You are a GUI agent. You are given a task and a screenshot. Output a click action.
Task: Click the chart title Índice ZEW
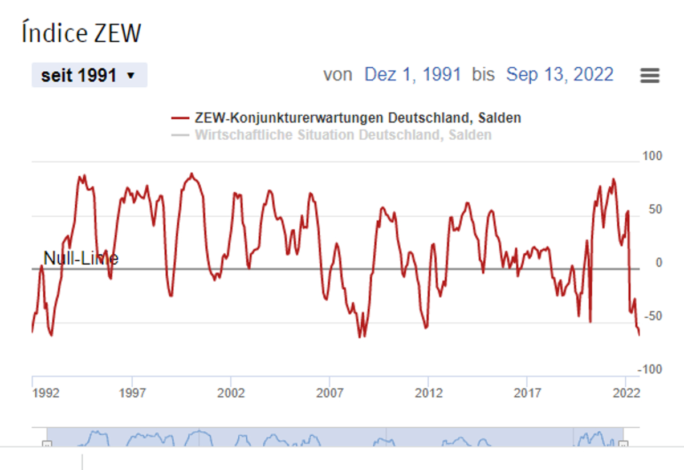coord(81,33)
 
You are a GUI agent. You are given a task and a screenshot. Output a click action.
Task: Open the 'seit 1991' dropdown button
coord(89,75)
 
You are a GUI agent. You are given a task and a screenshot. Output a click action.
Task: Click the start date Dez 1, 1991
coord(413,75)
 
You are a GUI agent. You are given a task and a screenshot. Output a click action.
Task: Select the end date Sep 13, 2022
coord(560,75)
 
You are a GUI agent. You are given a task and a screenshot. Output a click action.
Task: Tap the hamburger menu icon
coord(650,75)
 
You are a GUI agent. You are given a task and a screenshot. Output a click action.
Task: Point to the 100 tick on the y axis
coord(652,156)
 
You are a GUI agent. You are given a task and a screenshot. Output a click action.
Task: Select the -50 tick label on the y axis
coord(652,317)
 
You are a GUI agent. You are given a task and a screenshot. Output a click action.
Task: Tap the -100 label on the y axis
coord(650,370)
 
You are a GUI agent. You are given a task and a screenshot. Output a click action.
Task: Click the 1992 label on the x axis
coord(46,394)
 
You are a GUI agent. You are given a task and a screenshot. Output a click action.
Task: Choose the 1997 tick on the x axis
coord(132,394)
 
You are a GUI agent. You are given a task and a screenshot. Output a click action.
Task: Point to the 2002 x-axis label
coord(231,394)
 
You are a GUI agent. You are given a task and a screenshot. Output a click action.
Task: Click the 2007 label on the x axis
coord(330,394)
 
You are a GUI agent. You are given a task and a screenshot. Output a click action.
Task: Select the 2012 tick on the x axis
coord(429,394)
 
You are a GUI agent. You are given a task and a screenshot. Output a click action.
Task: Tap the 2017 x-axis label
coord(527,394)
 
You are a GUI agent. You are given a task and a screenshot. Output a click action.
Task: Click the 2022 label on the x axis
coord(626,394)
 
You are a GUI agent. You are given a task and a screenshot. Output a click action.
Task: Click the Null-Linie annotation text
coord(81,258)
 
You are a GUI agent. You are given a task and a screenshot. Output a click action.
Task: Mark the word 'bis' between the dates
coord(483,75)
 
